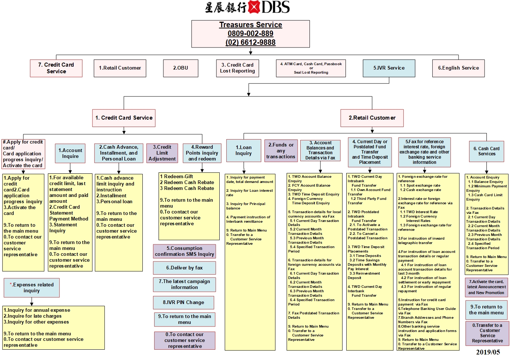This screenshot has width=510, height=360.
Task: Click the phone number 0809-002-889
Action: coord(250,33)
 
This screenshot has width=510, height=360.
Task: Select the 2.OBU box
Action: coord(181,68)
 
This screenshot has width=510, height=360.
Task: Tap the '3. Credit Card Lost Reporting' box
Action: coord(237,68)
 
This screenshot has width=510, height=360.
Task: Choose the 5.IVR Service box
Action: coord(389,68)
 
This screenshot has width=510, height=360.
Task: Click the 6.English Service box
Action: coord(458,68)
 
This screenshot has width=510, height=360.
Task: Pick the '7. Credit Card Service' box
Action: coord(56,68)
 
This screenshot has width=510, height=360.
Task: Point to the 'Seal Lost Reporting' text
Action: coord(311,73)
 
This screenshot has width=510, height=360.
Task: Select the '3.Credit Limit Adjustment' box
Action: coord(162,153)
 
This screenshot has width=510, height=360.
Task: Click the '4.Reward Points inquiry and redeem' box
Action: coord(202,153)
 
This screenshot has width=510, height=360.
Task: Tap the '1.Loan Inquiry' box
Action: coord(244,151)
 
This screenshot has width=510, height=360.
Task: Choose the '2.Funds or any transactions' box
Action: coord(281,151)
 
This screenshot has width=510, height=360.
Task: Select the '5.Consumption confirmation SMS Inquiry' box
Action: coord(184,251)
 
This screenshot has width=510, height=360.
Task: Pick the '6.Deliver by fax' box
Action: coord(184,268)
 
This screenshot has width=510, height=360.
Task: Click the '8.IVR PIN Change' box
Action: coord(184,303)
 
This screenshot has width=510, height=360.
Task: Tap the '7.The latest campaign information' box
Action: coord(184,285)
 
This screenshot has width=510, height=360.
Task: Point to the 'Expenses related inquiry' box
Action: coord(32,288)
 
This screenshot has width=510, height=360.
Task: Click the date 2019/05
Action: coord(488,352)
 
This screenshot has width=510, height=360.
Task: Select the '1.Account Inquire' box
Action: coord(70,153)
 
